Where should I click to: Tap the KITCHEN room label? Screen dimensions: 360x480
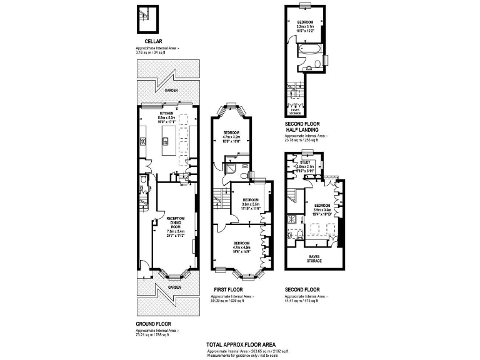tap(166, 113)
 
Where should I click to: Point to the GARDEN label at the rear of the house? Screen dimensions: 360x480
tap(171, 91)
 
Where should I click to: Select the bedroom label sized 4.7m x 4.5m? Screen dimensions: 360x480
tap(242, 246)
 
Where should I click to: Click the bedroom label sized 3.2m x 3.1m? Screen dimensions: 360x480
tap(306, 27)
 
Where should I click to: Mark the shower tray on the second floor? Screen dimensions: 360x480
tap(292, 219)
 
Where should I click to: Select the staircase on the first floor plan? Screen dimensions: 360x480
tap(218, 201)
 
